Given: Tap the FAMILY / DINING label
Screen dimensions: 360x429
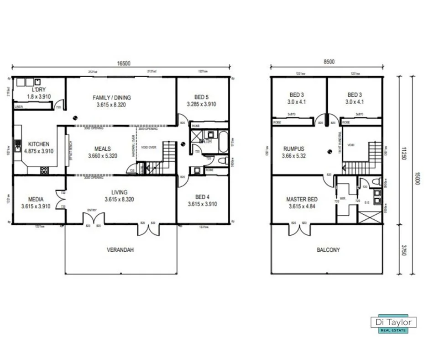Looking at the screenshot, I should (x=112, y=97).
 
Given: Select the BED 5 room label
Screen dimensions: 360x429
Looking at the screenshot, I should (x=201, y=97).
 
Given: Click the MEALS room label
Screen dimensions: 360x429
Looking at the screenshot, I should (x=102, y=148).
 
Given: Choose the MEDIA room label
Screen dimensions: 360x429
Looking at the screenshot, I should (x=36, y=199).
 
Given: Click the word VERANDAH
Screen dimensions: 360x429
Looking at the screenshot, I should (x=120, y=250).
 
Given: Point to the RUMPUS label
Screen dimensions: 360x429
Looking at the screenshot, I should (x=294, y=148).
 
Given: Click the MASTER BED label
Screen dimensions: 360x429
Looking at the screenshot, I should (x=302, y=199).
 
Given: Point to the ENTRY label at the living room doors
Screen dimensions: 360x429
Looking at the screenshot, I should (x=92, y=210).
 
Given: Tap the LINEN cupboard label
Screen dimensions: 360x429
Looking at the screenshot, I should (x=19, y=106).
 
